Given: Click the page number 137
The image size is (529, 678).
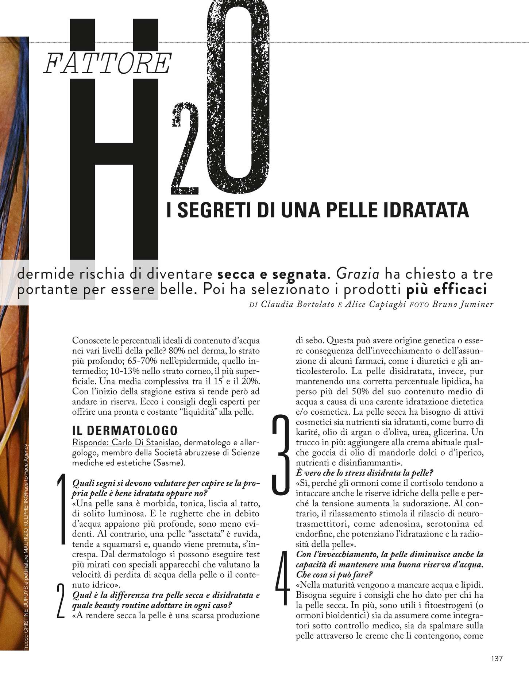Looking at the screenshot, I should point(497,658).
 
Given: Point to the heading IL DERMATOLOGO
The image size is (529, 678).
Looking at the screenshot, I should point(125,430).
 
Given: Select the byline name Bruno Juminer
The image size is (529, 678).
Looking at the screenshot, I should point(462,304).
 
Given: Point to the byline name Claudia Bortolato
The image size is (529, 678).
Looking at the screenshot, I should point(298,304).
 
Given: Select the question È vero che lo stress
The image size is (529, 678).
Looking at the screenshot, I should point(364,473).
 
